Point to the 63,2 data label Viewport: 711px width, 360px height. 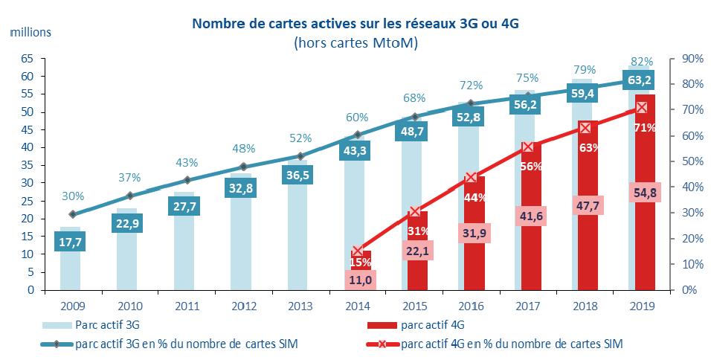(641, 80)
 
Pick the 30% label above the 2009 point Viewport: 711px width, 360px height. (72, 196)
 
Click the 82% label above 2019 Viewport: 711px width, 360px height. (642, 61)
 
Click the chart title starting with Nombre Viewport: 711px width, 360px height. (355, 23)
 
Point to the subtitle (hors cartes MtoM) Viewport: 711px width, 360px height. (355, 42)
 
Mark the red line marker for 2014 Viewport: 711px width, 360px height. (358, 251)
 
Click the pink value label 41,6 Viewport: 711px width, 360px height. (527, 215)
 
